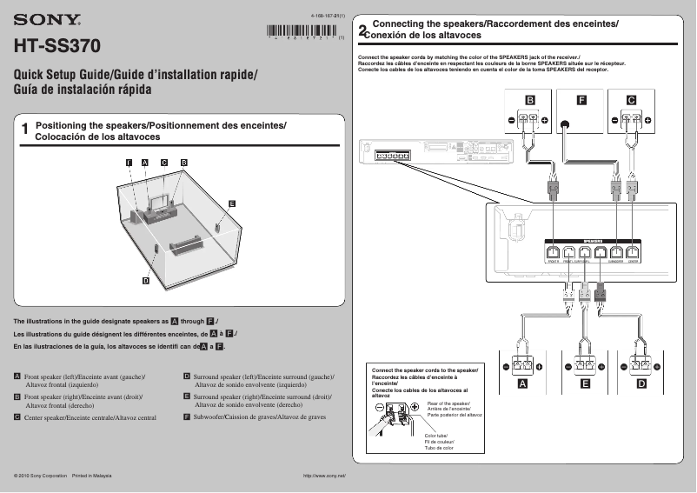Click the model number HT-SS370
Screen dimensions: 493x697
coord(57,43)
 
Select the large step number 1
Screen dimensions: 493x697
coord(25,130)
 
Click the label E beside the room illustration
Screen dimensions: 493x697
coord(232,203)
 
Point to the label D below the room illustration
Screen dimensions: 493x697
coord(145,280)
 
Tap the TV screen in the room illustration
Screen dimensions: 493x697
coord(160,202)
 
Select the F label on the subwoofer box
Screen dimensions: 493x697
coord(580,100)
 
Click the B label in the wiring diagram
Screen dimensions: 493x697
coord(528,100)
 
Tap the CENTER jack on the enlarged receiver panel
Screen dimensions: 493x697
coord(634,253)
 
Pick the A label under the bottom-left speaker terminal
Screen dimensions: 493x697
coord(522,383)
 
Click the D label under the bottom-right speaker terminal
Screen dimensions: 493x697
coord(641,383)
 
